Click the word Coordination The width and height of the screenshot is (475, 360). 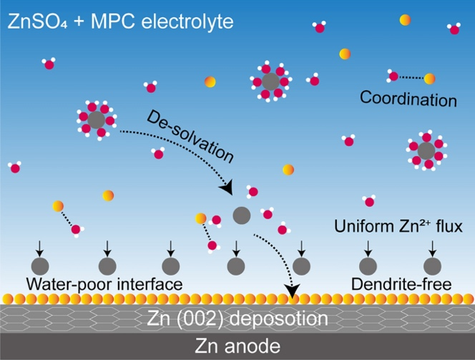(408, 99)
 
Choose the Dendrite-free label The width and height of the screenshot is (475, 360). (402, 284)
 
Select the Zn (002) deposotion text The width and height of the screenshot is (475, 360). (237, 318)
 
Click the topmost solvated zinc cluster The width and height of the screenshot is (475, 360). (270, 82)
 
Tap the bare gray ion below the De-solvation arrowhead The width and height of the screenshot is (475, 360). (243, 214)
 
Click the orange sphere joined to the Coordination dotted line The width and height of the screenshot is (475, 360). (430, 78)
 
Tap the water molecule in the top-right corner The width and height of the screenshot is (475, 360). (454, 29)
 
